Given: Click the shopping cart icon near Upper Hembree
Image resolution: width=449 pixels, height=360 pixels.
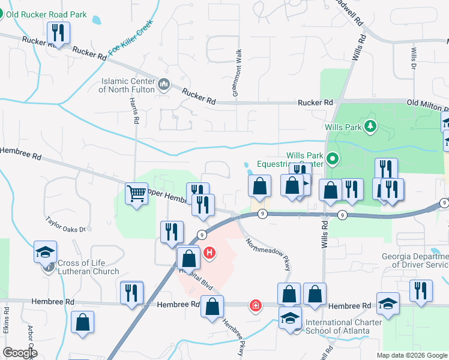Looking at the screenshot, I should click(137, 194).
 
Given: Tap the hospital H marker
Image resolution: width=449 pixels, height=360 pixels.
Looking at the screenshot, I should click(209, 253).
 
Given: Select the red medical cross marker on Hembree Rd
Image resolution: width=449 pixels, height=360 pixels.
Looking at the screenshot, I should click(256, 306).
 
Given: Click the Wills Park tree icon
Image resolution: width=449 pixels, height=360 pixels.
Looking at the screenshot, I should click(371, 125).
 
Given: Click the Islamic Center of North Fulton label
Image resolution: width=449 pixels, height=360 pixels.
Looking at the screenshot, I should click(128, 85).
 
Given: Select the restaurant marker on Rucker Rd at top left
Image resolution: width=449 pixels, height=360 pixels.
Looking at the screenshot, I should click(58, 33).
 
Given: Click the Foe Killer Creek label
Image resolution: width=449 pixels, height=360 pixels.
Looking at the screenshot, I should click(131, 38).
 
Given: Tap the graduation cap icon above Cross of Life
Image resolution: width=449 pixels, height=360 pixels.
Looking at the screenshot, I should click(45, 252).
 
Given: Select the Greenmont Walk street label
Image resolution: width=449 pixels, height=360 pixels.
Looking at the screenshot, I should click(237, 72).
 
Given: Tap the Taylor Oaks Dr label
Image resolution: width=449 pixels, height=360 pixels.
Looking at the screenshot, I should click(66, 224).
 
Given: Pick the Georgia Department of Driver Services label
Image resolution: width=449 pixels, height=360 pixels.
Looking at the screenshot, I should click(415, 260).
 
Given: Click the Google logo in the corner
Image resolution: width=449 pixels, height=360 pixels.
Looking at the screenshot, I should click(20, 353).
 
